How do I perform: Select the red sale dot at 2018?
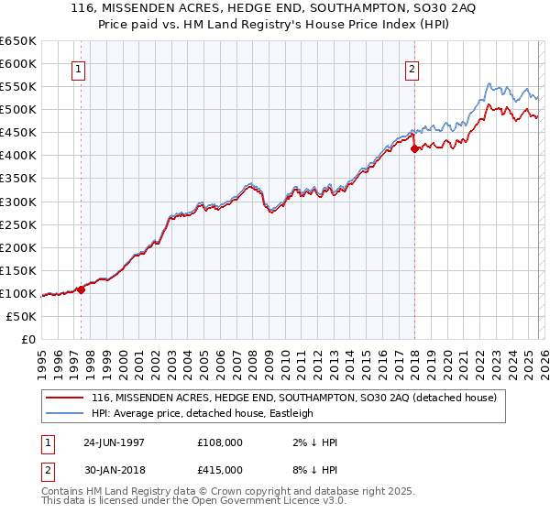[414, 148]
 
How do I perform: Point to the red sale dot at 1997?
[82, 289]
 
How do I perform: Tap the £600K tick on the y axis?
[18, 63]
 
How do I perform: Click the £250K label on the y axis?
[18, 224]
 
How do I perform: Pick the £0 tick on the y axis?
[29, 339]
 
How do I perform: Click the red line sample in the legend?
[64, 398]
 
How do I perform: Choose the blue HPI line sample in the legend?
[64, 413]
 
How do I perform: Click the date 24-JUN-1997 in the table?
[115, 442]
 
